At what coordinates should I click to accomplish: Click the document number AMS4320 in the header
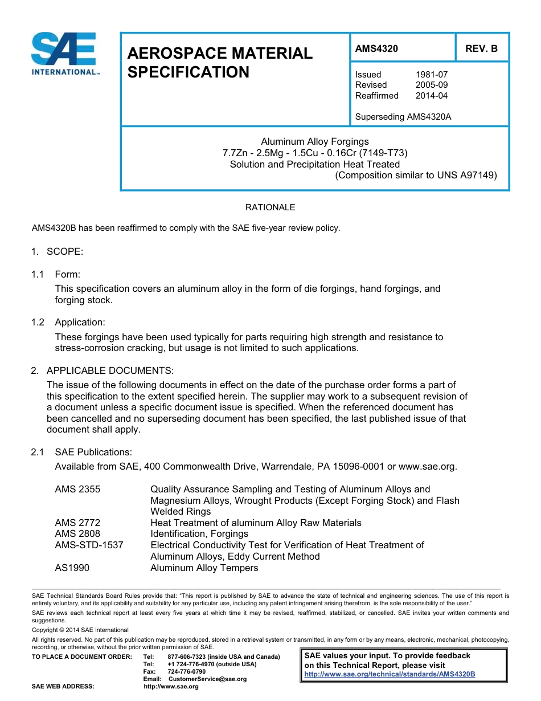coord(376,48)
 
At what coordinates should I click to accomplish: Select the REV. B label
coord(481,48)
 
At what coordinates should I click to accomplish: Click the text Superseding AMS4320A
coord(403,117)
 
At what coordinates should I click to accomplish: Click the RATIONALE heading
coord(270,207)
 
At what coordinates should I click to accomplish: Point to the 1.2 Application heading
coord(80,323)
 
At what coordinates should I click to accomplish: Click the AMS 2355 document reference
coord(77,489)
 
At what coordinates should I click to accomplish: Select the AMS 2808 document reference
coord(77,533)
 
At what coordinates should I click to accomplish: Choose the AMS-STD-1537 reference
coord(89,545)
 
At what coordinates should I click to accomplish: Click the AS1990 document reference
coord(72,568)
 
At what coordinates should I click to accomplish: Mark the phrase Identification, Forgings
coord(199,533)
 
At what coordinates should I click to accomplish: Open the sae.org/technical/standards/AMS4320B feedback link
coord(390,674)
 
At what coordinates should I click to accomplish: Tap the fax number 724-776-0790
coord(187,671)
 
